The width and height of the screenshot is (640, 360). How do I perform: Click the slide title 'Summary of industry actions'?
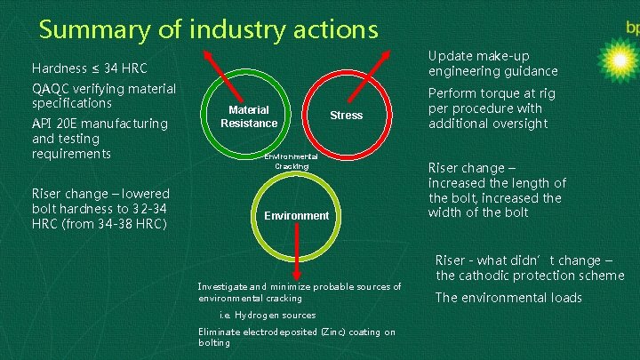click(x=209, y=29)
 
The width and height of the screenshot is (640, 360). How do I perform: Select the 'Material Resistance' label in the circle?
click(x=249, y=116)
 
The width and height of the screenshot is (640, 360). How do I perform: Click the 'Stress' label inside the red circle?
click(x=346, y=116)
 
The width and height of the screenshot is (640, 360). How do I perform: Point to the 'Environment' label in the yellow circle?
click(x=297, y=216)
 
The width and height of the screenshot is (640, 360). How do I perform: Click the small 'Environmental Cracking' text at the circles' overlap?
click(x=291, y=161)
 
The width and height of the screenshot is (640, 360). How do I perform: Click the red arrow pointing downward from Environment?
click(x=297, y=252)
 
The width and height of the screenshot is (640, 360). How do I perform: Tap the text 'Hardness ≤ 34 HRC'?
click(x=89, y=68)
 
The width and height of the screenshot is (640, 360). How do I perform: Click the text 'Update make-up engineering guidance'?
click(x=492, y=63)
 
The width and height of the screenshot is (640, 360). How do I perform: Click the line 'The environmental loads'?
click(x=508, y=298)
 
